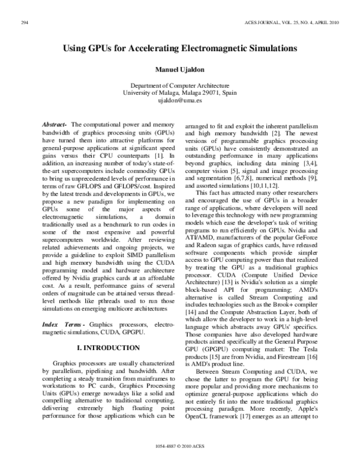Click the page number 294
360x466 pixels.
pyautogui.click(x=26, y=22)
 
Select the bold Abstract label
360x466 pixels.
pyautogui.click(x=55, y=124)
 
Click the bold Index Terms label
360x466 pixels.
pyautogui.click(x=62, y=324)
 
